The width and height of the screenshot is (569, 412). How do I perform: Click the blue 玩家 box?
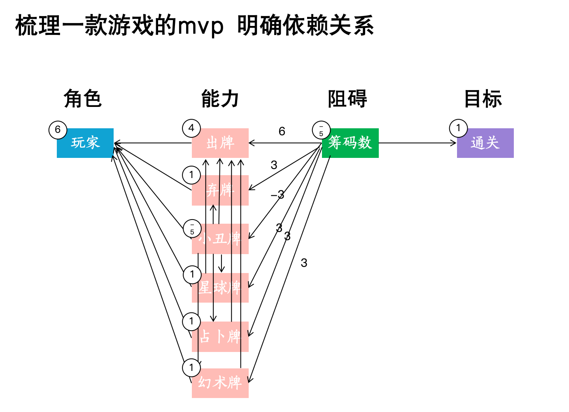(x=85, y=143)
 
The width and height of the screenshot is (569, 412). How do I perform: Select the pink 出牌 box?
(x=220, y=143)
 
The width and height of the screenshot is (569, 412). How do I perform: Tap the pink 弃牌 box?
(x=220, y=190)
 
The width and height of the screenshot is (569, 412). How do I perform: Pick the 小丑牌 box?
(x=220, y=238)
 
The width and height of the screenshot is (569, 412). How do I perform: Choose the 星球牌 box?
(x=220, y=287)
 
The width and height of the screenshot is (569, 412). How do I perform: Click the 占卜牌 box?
(x=220, y=336)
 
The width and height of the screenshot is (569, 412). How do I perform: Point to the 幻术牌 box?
(x=220, y=383)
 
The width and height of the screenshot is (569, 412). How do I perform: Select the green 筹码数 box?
(x=350, y=143)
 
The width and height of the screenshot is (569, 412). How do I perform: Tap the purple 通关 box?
(x=485, y=143)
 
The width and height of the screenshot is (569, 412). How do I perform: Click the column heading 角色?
(x=82, y=99)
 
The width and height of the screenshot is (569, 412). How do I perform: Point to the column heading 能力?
(x=220, y=99)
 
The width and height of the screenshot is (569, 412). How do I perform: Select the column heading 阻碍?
(x=347, y=99)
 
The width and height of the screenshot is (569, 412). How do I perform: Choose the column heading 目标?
(x=483, y=99)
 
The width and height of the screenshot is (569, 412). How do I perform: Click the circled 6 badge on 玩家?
(x=58, y=130)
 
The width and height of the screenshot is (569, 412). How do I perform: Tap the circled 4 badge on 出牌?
(x=191, y=128)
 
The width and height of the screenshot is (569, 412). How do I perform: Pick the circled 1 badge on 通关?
(x=458, y=128)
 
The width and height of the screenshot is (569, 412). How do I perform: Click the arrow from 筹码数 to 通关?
(x=417, y=143)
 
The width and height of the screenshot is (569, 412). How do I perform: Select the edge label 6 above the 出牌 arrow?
(x=282, y=132)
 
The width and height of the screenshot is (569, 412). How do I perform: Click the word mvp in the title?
(x=201, y=26)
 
